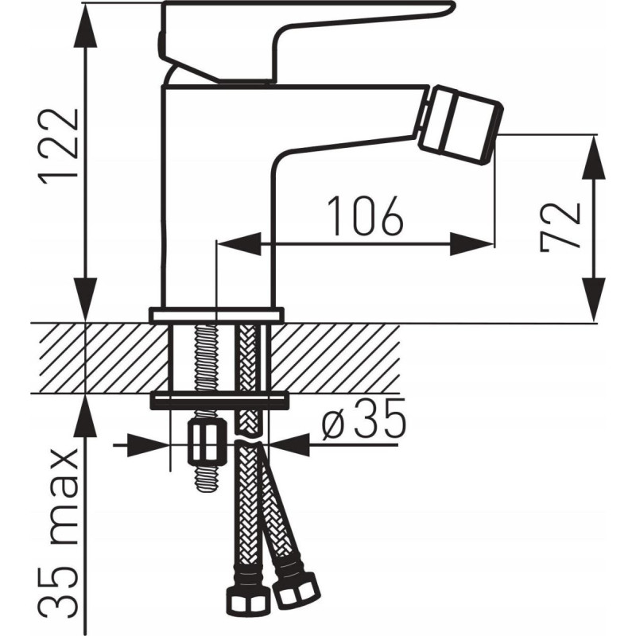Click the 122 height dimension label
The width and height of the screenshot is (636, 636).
[x=57, y=146]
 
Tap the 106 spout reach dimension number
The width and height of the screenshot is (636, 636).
[x=365, y=216]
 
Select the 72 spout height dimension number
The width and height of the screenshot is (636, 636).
[x=560, y=227]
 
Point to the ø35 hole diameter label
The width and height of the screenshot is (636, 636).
[x=363, y=420]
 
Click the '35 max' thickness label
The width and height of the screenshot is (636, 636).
[x=57, y=528]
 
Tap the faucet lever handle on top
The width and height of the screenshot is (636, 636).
[x=304, y=41]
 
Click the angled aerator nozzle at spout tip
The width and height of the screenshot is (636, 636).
[x=460, y=125]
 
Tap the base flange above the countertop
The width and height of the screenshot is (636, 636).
[x=216, y=315]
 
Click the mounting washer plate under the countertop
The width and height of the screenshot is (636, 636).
[x=220, y=401]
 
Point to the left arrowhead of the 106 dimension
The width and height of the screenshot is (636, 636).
[x=238, y=244]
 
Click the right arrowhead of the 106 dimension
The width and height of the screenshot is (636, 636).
[x=471, y=244]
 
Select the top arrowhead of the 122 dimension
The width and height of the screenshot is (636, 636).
[x=86, y=25]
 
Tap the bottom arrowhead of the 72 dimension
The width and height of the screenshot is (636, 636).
[x=594, y=300]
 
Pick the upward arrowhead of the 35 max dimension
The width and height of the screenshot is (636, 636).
[x=86, y=417]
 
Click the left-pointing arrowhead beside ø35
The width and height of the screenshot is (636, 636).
[x=289, y=445]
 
